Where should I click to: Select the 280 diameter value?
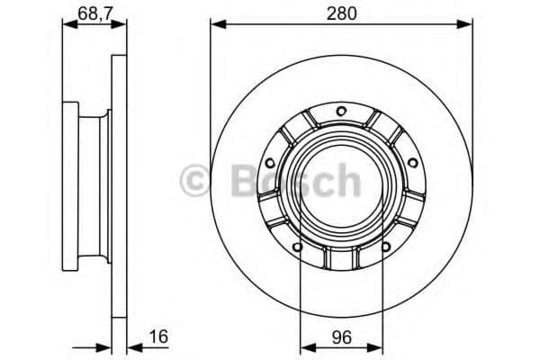click(340, 14)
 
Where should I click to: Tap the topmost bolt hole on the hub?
click(340, 111)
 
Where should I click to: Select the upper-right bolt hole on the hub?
click(411, 162)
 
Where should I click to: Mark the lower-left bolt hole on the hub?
click(296, 245)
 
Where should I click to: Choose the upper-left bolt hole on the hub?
click(269, 162)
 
